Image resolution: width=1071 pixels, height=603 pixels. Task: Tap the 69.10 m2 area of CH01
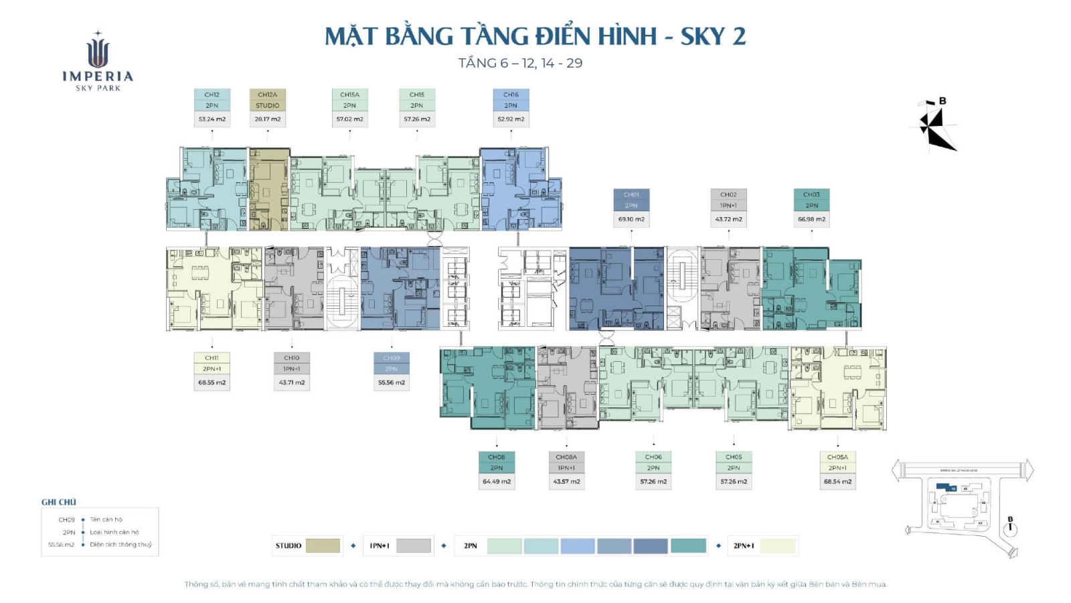pyautogui.click(x=631, y=219)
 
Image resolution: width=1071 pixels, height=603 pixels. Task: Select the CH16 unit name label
pyautogui.click(x=511, y=94)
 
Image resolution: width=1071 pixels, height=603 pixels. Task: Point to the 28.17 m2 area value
pyautogui.click(x=267, y=119)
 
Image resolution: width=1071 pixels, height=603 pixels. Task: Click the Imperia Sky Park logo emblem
pyautogui.click(x=98, y=52)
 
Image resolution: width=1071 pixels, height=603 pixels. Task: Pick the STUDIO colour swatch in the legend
pyautogui.click(x=323, y=545)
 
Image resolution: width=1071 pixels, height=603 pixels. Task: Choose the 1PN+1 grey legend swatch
pyautogui.click(x=413, y=545)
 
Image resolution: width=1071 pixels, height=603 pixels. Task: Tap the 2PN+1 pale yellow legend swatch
pyautogui.click(x=778, y=545)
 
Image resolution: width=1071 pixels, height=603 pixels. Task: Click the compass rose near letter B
pyautogui.click(x=934, y=127)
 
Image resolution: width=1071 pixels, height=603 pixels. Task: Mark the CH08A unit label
pyautogui.click(x=566, y=457)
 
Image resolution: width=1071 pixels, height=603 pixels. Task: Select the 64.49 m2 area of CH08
pyautogui.click(x=497, y=482)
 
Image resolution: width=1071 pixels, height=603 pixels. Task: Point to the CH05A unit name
pyautogui.click(x=837, y=457)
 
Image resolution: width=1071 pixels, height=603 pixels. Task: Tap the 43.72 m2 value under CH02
pyautogui.click(x=728, y=219)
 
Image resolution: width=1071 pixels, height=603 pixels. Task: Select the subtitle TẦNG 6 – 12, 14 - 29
pyautogui.click(x=520, y=63)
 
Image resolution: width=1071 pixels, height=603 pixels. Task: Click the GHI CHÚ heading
pyautogui.click(x=59, y=502)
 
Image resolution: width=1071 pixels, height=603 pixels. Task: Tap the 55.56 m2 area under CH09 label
pyautogui.click(x=392, y=383)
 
